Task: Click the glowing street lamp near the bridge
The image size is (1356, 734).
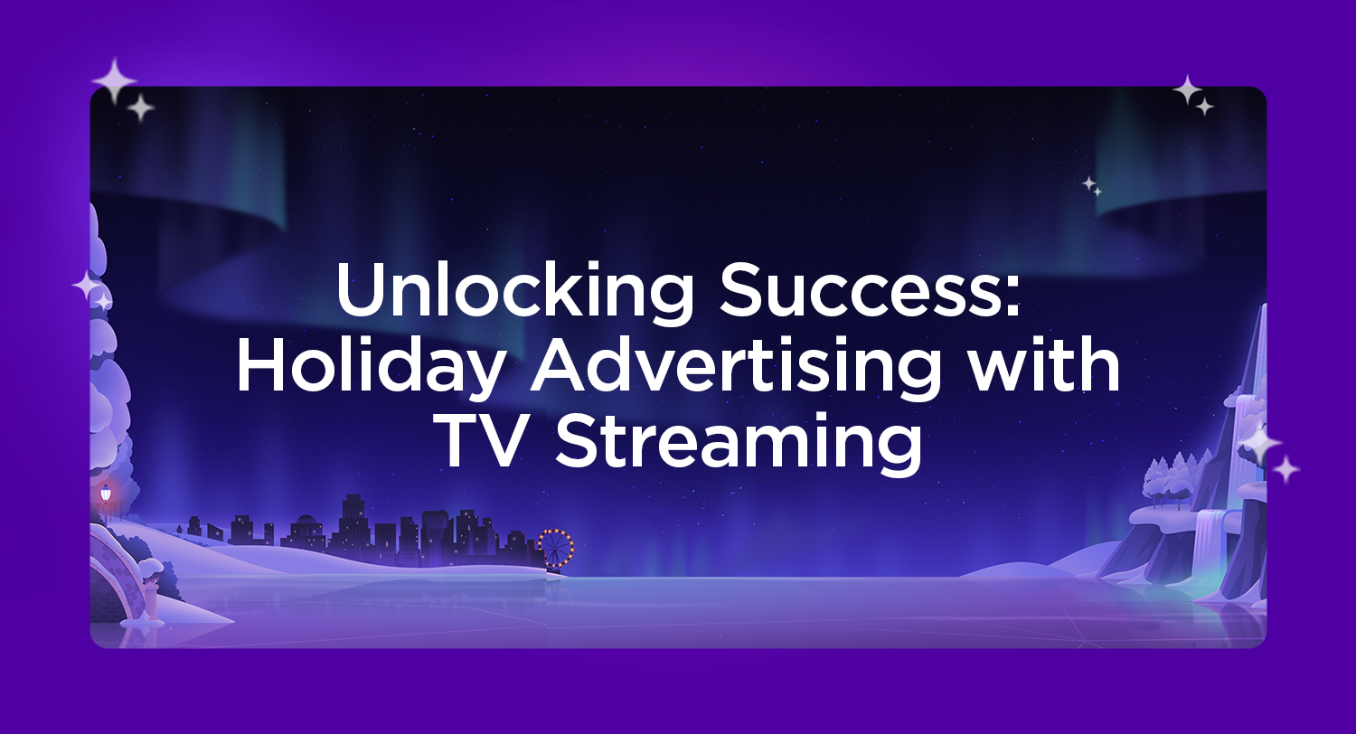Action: pyautogui.click(x=106, y=494)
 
